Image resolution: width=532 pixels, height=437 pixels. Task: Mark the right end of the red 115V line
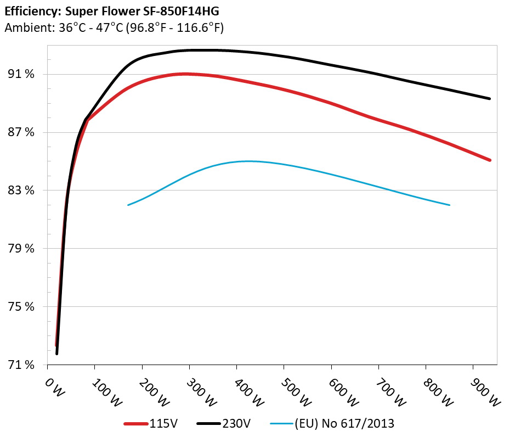(x=490, y=160)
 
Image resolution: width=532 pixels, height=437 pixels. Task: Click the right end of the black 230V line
(x=490, y=99)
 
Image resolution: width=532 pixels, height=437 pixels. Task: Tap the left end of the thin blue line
(x=128, y=205)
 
